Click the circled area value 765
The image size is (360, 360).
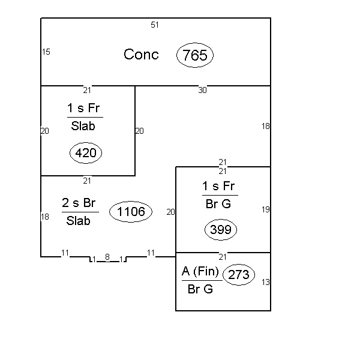(195, 55)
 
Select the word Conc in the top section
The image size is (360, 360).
(141, 55)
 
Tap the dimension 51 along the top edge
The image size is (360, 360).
(155, 25)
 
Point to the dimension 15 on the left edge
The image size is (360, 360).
(46, 52)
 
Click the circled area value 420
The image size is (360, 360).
(86, 153)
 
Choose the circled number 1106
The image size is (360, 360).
(131, 211)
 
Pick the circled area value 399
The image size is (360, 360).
(221, 230)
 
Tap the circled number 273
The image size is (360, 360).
(239, 275)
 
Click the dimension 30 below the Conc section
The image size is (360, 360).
(203, 90)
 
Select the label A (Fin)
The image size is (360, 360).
(200, 271)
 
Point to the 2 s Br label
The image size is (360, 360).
(79, 203)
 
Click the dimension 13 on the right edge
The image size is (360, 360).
(266, 282)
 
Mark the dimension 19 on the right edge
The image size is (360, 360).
(266, 209)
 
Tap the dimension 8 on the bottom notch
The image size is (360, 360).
(107, 257)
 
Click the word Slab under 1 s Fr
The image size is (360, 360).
(83, 126)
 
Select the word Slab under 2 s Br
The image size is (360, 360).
(78, 221)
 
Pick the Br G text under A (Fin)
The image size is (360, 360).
(200, 289)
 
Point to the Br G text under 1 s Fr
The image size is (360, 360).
(218, 204)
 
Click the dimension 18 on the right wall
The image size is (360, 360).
(266, 126)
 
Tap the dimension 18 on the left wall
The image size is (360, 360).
(45, 217)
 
